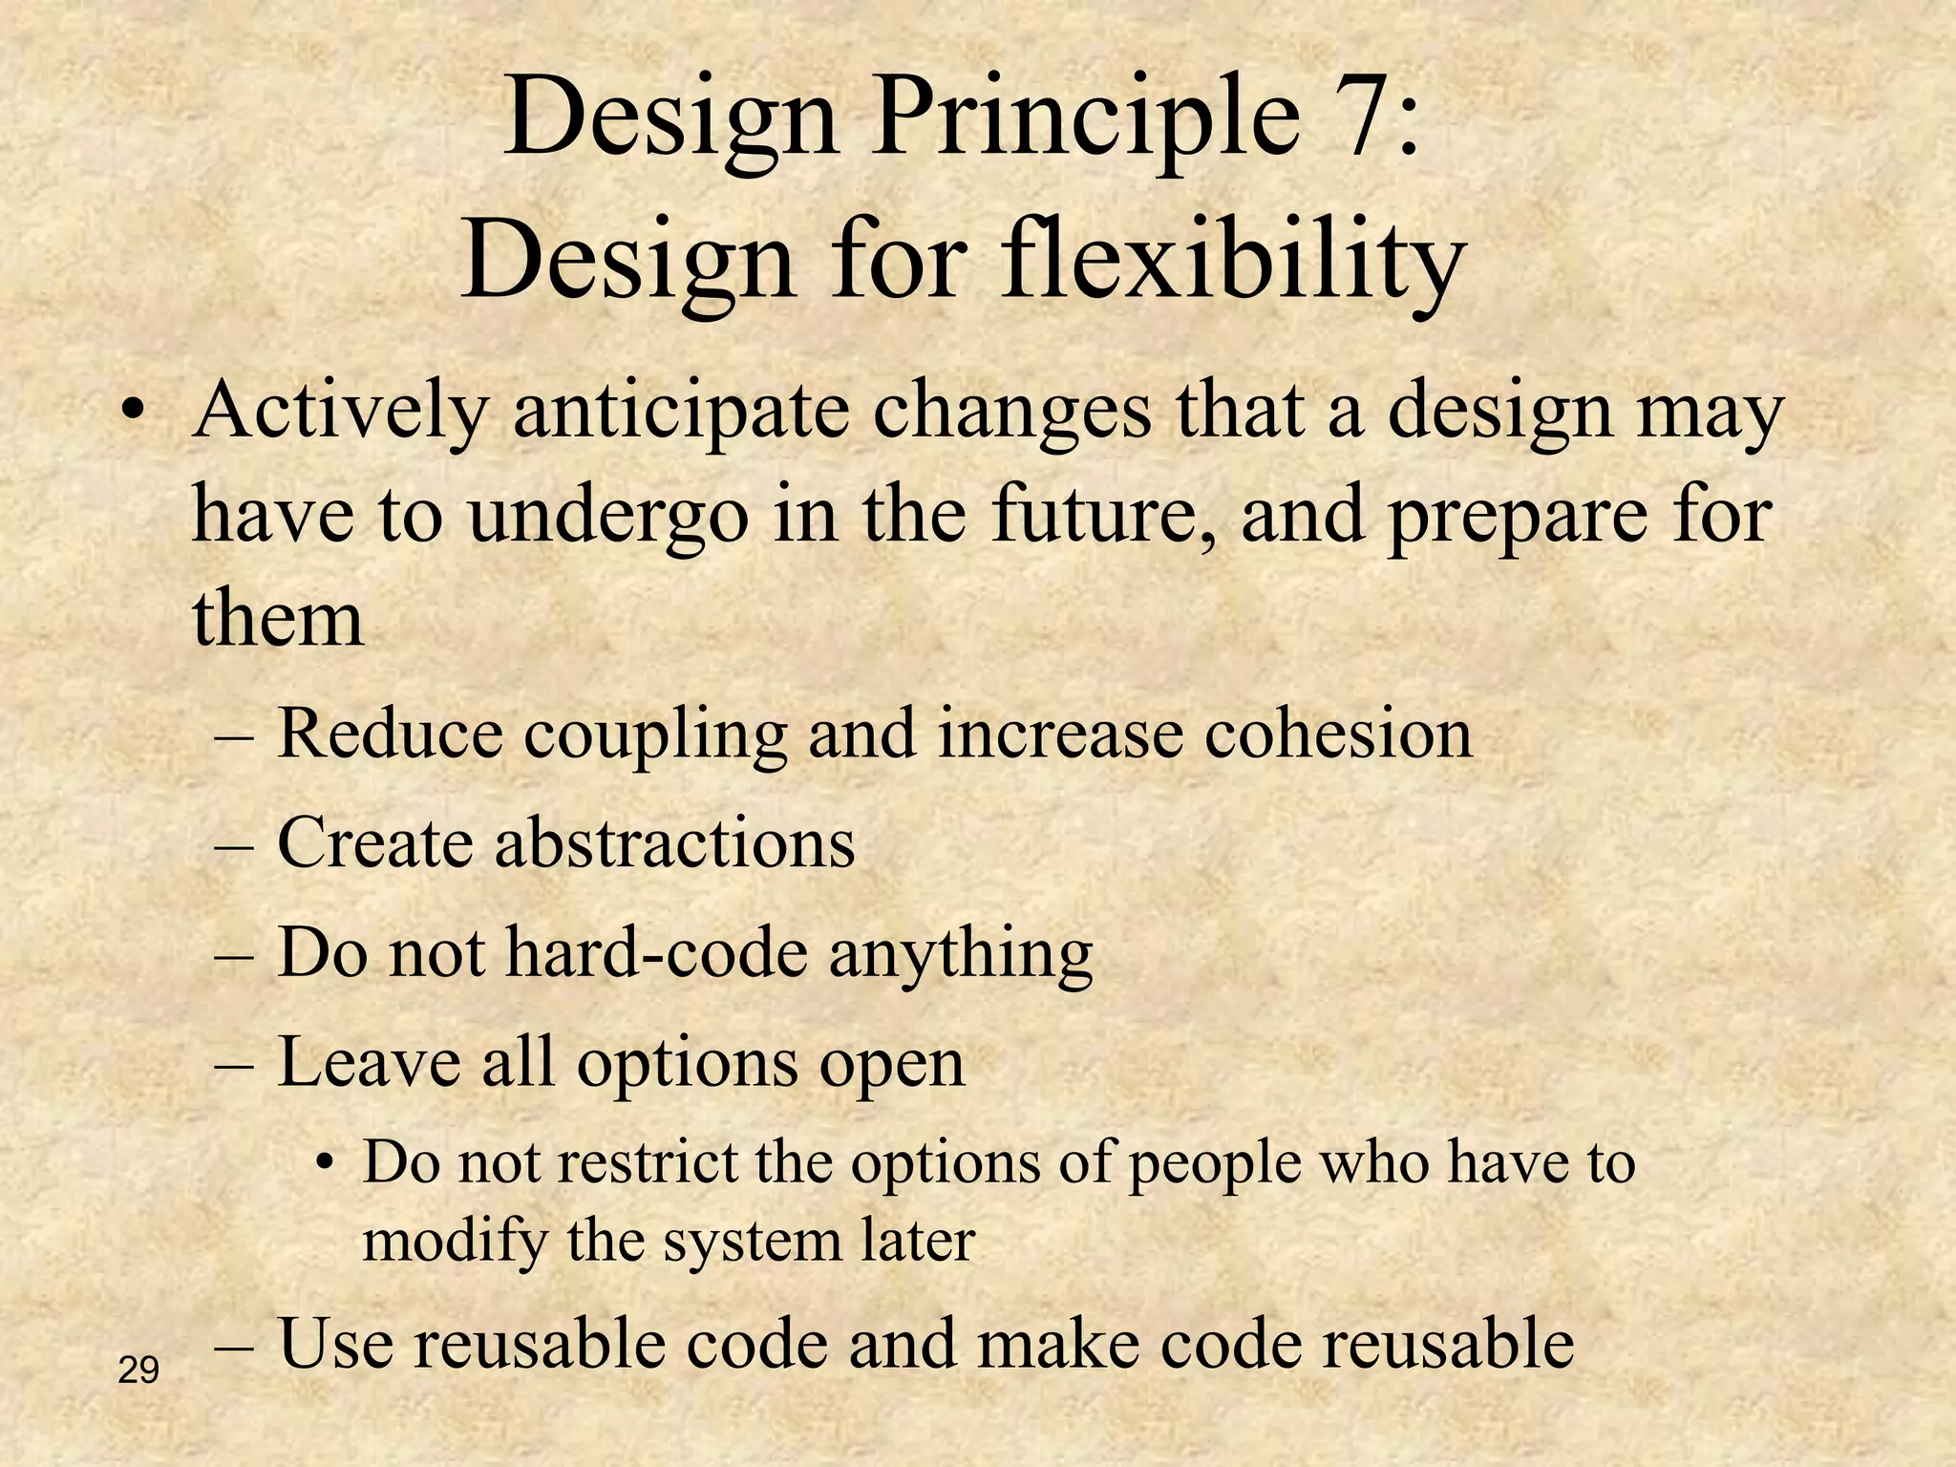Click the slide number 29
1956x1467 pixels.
138,1371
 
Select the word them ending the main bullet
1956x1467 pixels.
278,618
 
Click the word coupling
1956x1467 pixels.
656,737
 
